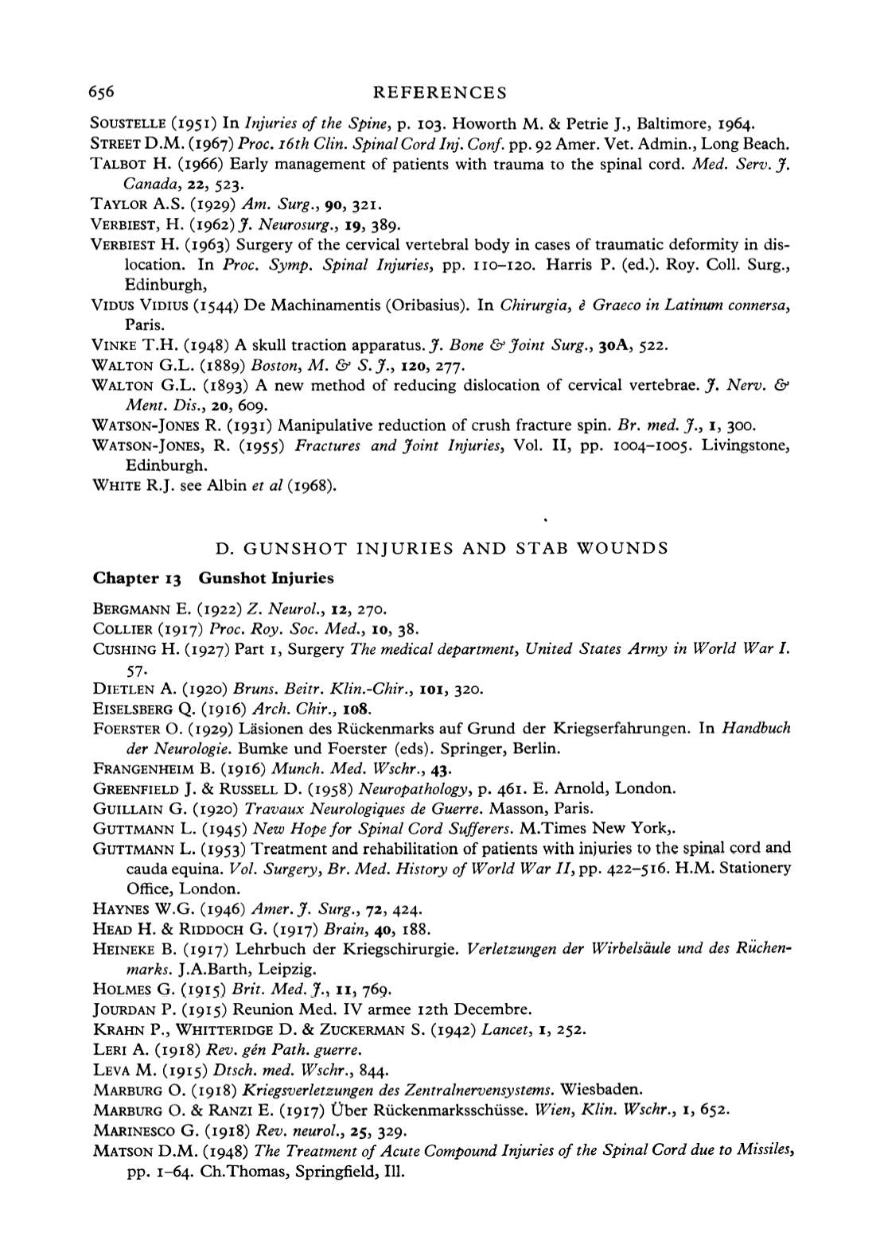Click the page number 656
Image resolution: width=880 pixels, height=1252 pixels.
(104, 92)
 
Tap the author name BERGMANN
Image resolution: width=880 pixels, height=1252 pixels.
(127, 610)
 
